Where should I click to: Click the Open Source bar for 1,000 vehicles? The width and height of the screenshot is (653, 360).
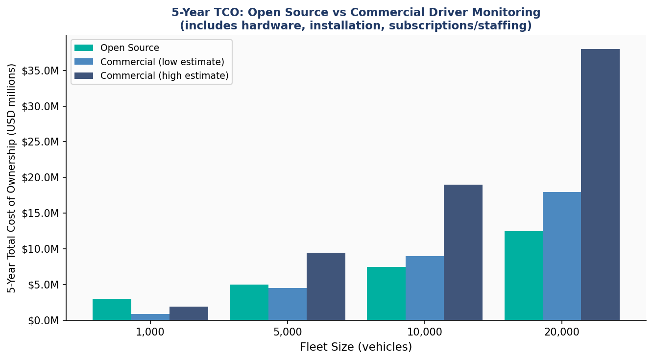tap(112, 310)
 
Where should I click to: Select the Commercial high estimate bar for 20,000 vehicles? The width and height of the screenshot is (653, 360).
tap(600, 185)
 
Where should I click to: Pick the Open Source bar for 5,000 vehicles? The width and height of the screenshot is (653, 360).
tap(249, 302)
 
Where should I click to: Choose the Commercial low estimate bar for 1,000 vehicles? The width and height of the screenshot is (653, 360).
tap(150, 317)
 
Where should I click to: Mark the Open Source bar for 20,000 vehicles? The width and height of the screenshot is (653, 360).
tap(523, 276)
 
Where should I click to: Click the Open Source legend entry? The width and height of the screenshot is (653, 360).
tap(129, 48)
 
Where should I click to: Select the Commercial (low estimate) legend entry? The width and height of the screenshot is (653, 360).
tap(162, 62)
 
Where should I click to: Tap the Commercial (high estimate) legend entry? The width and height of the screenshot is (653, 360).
tap(164, 75)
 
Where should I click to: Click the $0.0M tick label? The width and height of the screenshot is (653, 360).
tap(43, 320)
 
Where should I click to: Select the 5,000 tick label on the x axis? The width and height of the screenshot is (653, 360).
tap(288, 332)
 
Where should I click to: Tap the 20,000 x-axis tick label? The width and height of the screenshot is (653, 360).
tap(562, 332)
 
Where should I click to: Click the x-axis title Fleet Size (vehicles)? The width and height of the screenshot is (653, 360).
tap(356, 347)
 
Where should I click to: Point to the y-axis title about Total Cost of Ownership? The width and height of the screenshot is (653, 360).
tap(12, 178)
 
